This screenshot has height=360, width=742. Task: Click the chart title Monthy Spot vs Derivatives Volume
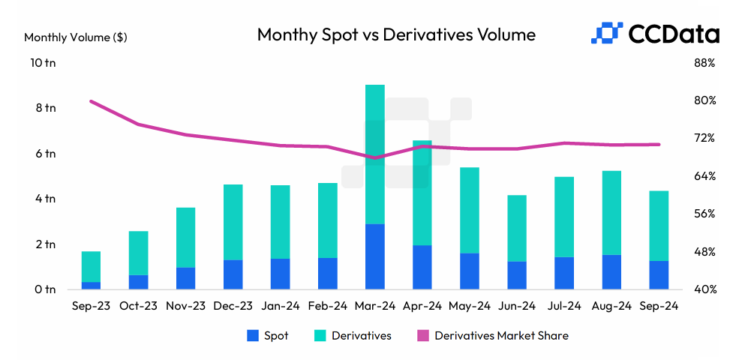(396, 34)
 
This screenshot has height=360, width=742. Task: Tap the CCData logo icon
(608, 34)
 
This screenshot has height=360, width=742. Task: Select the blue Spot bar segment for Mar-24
(374, 256)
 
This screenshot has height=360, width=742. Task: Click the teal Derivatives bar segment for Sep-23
(91, 266)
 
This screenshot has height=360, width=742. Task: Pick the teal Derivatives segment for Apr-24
(422, 193)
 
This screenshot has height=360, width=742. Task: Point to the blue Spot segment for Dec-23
(233, 274)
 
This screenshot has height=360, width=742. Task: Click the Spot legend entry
(268, 336)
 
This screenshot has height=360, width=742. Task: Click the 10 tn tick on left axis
(41, 63)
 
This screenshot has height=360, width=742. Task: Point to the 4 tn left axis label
(44, 199)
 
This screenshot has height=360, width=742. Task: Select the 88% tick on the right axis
(704, 63)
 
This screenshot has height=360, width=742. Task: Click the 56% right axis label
(704, 214)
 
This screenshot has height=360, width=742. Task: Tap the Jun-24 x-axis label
(516, 306)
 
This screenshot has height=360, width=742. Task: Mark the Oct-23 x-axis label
(138, 306)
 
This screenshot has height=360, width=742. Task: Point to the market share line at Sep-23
(91, 101)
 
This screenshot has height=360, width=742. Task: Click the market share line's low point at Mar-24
(374, 157)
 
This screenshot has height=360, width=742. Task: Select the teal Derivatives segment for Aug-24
(611, 213)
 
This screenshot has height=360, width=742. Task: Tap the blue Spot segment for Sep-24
(658, 274)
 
